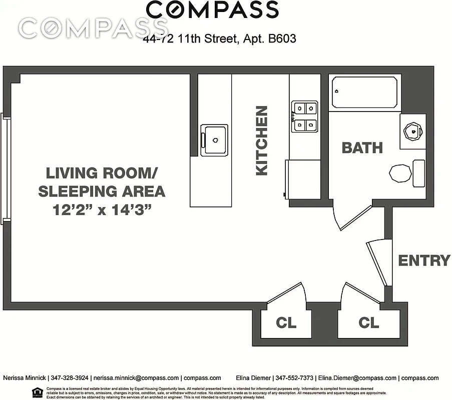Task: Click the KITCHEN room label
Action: point(261,140)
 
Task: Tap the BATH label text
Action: point(362,148)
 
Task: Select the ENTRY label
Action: point(424,260)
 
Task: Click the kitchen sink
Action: point(215,139)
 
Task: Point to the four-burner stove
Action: point(305,116)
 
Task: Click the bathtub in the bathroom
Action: point(365,92)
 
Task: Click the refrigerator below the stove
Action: point(302,179)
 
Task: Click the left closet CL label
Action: point(286,323)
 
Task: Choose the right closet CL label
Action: point(369,323)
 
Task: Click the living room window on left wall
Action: point(6,167)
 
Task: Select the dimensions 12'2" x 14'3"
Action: point(102,210)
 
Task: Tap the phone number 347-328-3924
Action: point(68,378)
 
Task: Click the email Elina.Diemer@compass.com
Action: point(357,378)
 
